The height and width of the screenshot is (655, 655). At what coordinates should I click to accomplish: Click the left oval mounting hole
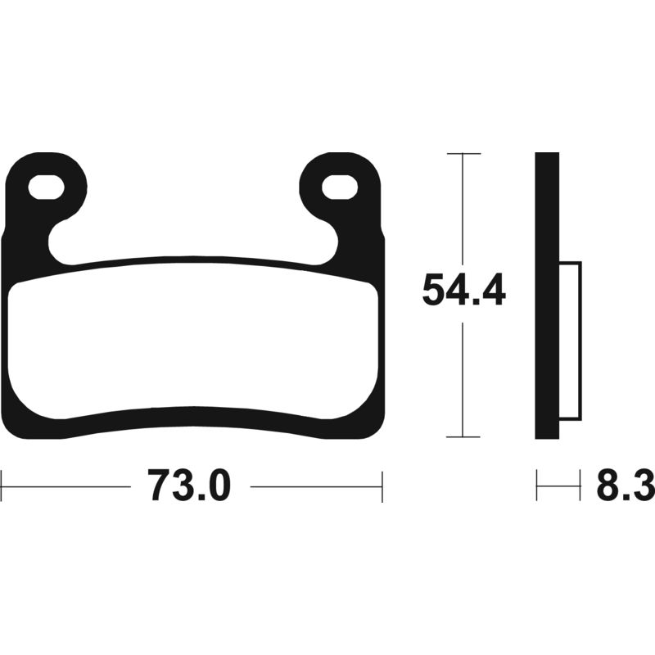pyautogui.click(x=47, y=187)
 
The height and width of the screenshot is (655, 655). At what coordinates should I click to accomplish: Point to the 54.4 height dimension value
pyautogui.click(x=463, y=291)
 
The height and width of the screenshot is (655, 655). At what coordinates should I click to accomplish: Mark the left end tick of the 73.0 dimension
pyautogui.click(x=2, y=486)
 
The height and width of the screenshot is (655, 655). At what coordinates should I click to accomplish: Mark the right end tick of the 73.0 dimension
pyautogui.click(x=382, y=486)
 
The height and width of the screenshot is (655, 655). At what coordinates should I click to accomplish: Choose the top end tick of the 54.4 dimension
pyautogui.click(x=463, y=153)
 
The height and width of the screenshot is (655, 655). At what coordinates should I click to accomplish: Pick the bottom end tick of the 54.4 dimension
pyautogui.click(x=463, y=438)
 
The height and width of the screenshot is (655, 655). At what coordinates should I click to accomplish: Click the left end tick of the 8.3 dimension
pyautogui.click(x=537, y=486)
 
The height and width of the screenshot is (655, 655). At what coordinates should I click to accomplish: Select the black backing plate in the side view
pyautogui.click(x=547, y=295)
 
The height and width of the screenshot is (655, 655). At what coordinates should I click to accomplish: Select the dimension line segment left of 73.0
pyautogui.click(x=65, y=486)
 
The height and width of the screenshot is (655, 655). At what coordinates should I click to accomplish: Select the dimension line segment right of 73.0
pyautogui.click(x=315, y=486)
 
